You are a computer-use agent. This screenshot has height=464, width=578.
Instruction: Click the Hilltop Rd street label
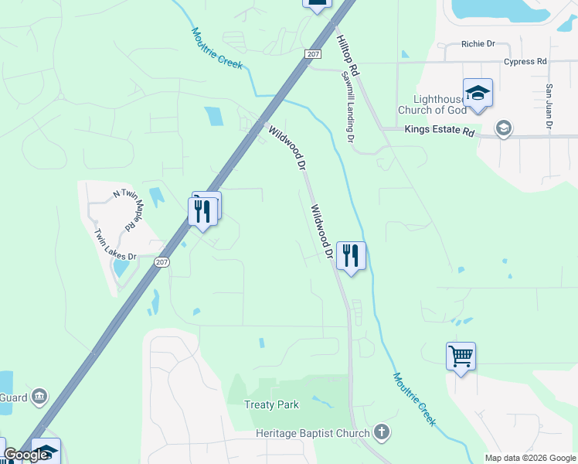(348, 53)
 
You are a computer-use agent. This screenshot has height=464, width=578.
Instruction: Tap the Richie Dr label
(478, 44)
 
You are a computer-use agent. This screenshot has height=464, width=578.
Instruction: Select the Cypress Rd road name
(525, 62)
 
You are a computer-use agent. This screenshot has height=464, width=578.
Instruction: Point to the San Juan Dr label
(549, 106)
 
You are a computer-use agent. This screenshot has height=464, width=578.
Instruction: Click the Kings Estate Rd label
(439, 132)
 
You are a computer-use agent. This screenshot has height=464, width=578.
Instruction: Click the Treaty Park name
(270, 404)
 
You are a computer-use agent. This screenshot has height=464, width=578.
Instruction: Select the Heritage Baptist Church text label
(313, 433)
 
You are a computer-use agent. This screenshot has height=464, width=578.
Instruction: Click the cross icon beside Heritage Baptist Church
(380, 432)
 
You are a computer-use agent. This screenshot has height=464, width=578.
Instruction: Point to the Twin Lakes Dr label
(114, 244)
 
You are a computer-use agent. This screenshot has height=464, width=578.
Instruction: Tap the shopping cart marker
(461, 357)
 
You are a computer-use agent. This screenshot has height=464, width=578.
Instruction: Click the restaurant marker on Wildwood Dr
(351, 255)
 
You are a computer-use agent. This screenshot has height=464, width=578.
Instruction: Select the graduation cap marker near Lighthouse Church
(478, 94)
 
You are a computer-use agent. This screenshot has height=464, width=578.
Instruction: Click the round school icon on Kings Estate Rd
(504, 128)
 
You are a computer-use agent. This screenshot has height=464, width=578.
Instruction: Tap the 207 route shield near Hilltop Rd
(313, 53)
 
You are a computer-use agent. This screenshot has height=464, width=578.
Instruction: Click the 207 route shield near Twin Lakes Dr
(161, 262)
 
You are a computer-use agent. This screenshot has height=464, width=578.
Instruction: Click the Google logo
(25, 455)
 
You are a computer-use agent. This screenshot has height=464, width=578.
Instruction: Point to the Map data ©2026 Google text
(530, 458)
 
